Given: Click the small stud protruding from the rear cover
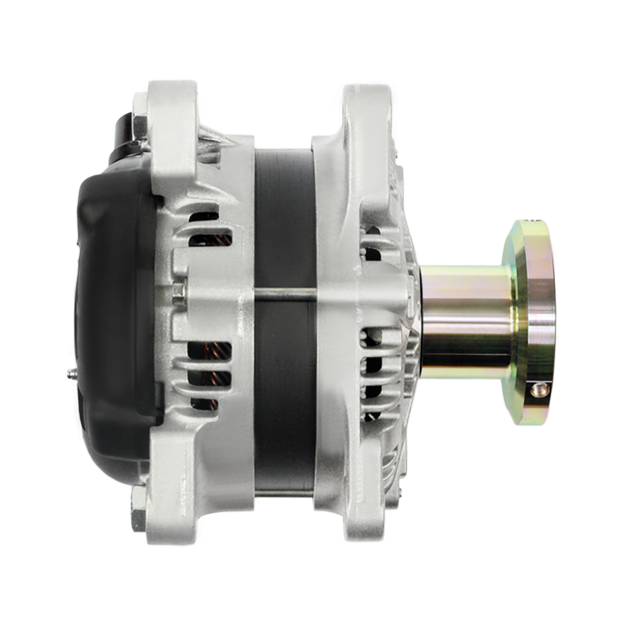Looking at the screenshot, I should [x=72, y=375].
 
